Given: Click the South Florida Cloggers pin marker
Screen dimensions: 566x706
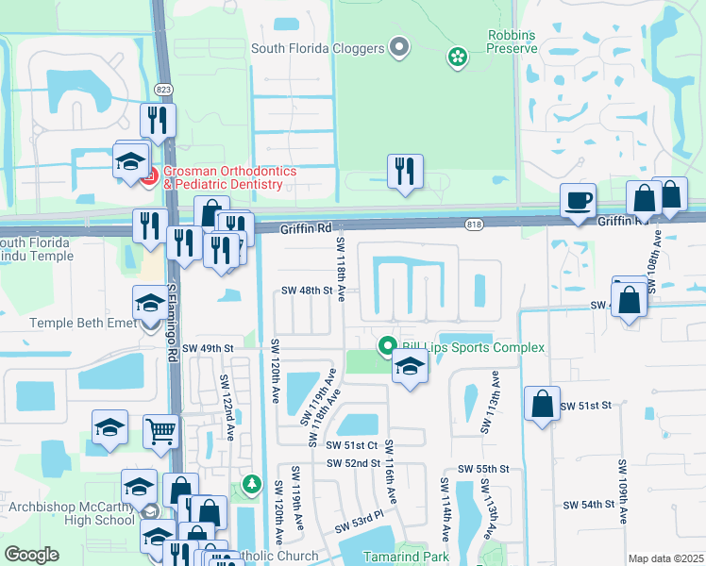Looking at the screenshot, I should point(399,46).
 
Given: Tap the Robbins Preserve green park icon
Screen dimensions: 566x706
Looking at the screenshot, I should point(458,58).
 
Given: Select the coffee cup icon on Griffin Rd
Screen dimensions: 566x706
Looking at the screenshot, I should point(578,201).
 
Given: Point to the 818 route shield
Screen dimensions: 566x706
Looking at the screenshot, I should point(474,224).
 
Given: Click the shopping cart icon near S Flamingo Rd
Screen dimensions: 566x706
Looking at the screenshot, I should point(161,431).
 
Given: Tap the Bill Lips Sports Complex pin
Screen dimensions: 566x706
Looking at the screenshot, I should point(386,347).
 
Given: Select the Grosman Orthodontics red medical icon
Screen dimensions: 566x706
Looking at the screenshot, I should point(149,175).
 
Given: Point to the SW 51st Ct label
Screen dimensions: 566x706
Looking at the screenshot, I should point(351,445).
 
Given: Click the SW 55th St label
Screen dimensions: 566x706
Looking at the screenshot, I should point(483,469).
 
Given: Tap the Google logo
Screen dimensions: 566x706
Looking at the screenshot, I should point(31,554).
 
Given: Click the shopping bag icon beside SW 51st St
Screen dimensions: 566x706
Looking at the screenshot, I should point(542,404).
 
